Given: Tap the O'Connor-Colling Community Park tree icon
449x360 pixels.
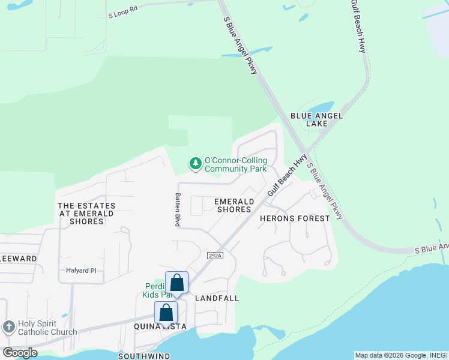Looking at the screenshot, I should point(195,163).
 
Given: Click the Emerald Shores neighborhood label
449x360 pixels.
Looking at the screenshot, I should point(234,206).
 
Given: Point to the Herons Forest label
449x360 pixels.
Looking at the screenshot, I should point(295,218).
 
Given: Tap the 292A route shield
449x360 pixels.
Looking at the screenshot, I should point(215,255).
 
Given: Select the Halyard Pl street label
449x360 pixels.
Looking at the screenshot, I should point(81,271).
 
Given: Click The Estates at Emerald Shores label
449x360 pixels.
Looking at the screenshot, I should point(86,214).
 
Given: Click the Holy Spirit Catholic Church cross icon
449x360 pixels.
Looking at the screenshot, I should point(8,327).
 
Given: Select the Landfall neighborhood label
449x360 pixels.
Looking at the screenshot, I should point(217,298).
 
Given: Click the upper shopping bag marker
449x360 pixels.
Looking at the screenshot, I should point(177,283).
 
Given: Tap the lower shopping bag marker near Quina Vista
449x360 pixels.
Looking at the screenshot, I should point(166,313).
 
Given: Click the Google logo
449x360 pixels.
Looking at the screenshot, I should point(19,353).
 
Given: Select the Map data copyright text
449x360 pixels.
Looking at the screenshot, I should point(401,355).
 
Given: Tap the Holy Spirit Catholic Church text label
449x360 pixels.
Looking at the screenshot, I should point(47,328).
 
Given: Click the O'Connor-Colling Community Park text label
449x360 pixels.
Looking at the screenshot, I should point(235,164).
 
